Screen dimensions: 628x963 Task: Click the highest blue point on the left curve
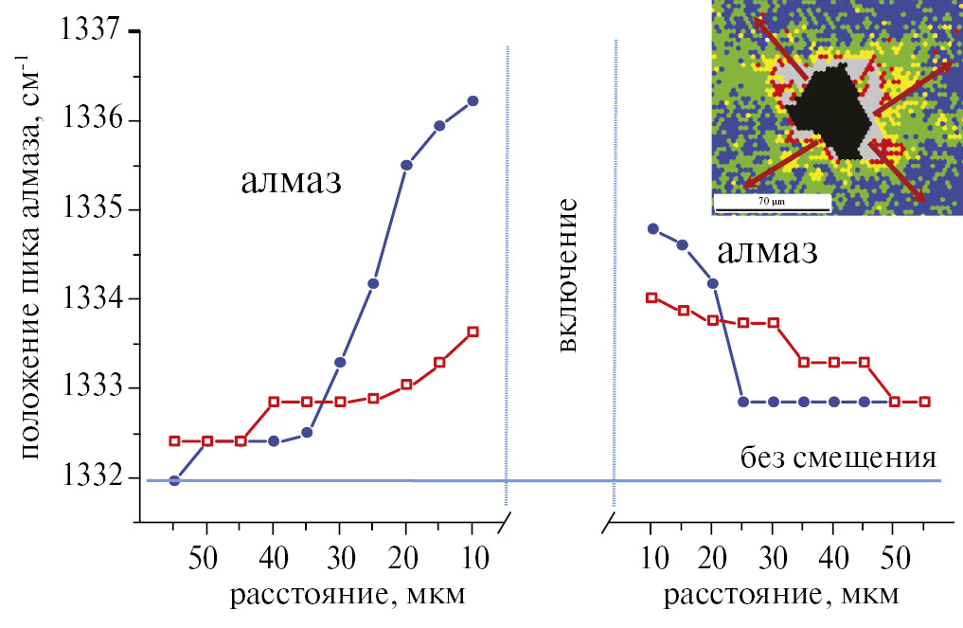473,100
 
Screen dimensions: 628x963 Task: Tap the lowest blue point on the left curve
174,480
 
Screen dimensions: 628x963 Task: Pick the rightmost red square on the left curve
473,332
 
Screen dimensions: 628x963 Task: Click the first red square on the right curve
651,297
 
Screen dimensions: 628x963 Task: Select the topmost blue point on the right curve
651,228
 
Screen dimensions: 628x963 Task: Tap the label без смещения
838,459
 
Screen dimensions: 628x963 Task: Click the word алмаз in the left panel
290,182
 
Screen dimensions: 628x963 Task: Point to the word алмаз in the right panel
767,252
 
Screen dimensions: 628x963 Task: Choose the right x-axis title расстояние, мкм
777,596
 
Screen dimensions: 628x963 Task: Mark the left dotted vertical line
508,275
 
